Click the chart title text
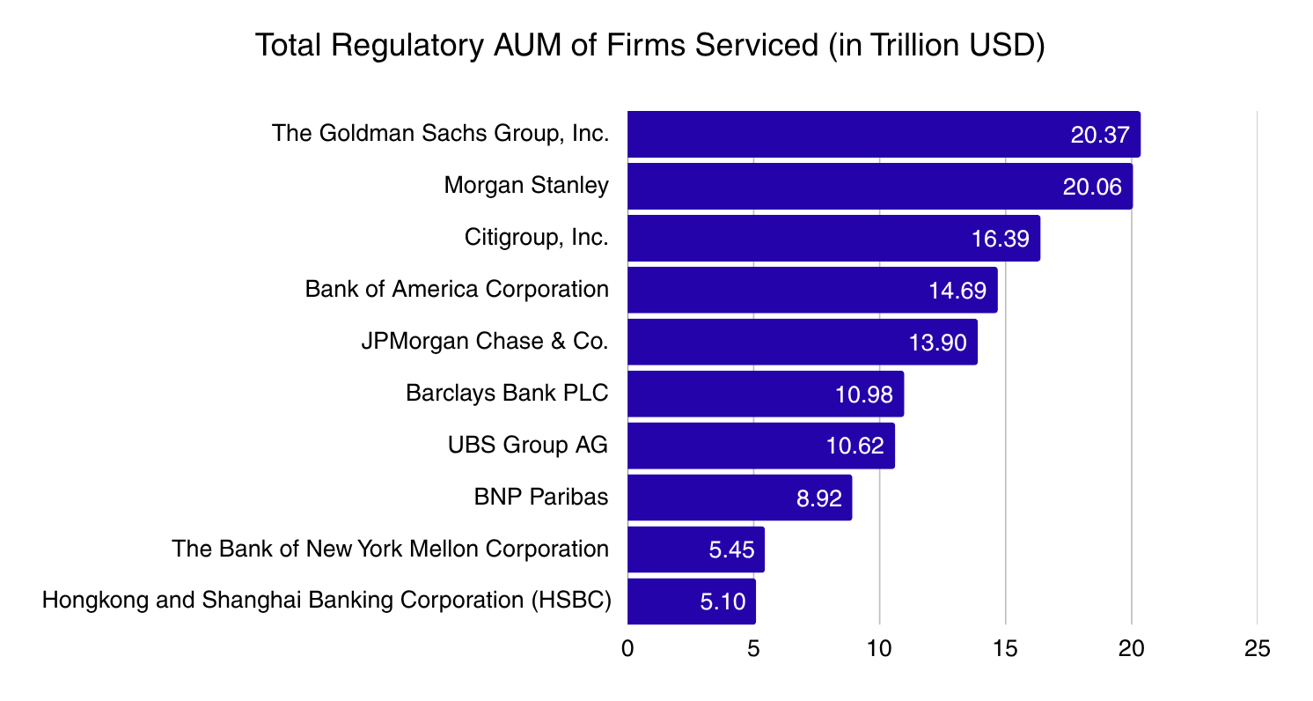click(x=649, y=46)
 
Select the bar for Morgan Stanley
click(x=879, y=186)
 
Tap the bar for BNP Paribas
click(x=739, y=498)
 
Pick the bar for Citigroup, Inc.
click(x=833, y=238)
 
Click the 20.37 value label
click(x=1100, y=135)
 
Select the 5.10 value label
click(x=723, y=602)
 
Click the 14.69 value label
click(x=957, y=291)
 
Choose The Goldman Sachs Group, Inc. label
click(x=440, y=134)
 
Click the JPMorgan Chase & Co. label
click(x=485, y=342)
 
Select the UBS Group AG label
click(x=528, y=446)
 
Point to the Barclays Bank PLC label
click(x=507, y=394)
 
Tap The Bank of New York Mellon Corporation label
click(x=391, y=550)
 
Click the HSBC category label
click(x=326, y=601)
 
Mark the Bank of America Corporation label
click(x=457, y=290)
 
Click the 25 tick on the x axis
click(x=1258, y=650)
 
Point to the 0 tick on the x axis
click(x=627, y=650)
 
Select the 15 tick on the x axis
click(x=1005, y=650)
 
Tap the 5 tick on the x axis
click(x=753, y=650)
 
